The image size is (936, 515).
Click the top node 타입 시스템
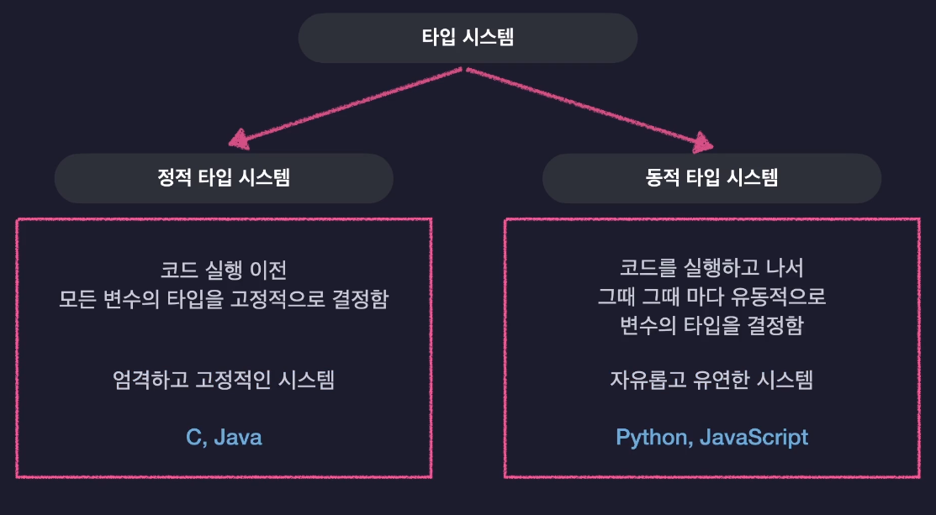tap(468, 38)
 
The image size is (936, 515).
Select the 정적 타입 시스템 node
tap(224, 178)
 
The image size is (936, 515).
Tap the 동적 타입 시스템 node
tap(711, 178)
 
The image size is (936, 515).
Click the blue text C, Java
tap(224, 438)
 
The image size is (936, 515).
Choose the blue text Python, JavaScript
tap(711, 438)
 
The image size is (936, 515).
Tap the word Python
tap(653, 438)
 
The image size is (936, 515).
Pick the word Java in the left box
tap(238, 438)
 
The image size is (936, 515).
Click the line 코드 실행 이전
tap(224, 271)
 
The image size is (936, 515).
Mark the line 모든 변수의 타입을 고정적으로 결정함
tap(224, 299)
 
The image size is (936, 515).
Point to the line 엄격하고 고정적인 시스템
tap(224, 380)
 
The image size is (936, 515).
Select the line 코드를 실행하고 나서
tap(711, 269)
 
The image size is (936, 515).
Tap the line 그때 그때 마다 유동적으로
tap(711, 297)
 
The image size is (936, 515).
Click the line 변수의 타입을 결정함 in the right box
tap(711, 326)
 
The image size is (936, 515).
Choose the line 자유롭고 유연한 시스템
tap(711, 380)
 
